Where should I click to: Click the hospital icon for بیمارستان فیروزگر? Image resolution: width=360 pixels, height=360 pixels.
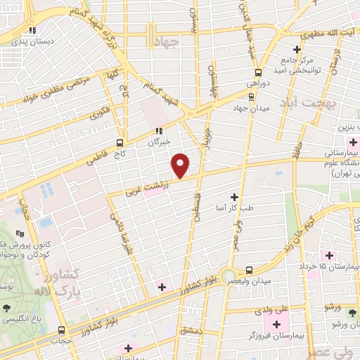tap(276, 325)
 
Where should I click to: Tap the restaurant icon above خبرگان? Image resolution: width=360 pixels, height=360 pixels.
tap(158, 131)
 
